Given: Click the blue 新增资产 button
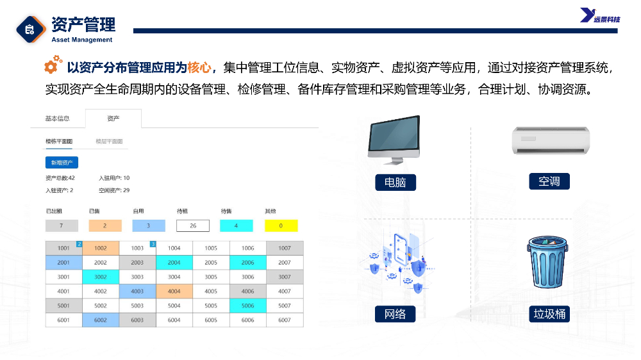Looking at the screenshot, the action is click(62, 163).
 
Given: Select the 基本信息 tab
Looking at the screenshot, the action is click(57, 119).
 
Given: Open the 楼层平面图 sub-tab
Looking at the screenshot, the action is click(109, 142).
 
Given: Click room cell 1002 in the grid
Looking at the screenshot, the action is click(101, 248).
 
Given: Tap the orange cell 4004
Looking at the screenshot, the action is click(174, 291).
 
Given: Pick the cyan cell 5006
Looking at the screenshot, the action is click(247, 306).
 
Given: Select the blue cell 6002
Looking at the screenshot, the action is click(101, 320).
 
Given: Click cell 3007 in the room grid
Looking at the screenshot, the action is click(285, 277).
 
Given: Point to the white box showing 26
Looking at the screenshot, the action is click(193, 225).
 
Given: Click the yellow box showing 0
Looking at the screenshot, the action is click(281, 225).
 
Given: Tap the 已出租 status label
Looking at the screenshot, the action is click(54, 211).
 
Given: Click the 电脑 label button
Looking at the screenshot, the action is click(395, 183).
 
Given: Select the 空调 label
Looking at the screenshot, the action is click(549, 181).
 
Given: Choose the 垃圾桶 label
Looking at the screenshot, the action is click(549, 314).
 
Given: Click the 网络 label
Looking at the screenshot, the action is click(395, 314).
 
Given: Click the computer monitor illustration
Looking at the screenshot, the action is click(394, 139).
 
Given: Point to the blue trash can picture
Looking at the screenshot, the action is click(548, 262).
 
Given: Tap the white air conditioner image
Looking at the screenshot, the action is click(551, 140).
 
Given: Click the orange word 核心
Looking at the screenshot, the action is click(199, 67).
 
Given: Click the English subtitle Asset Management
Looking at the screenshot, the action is click(82, 40).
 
